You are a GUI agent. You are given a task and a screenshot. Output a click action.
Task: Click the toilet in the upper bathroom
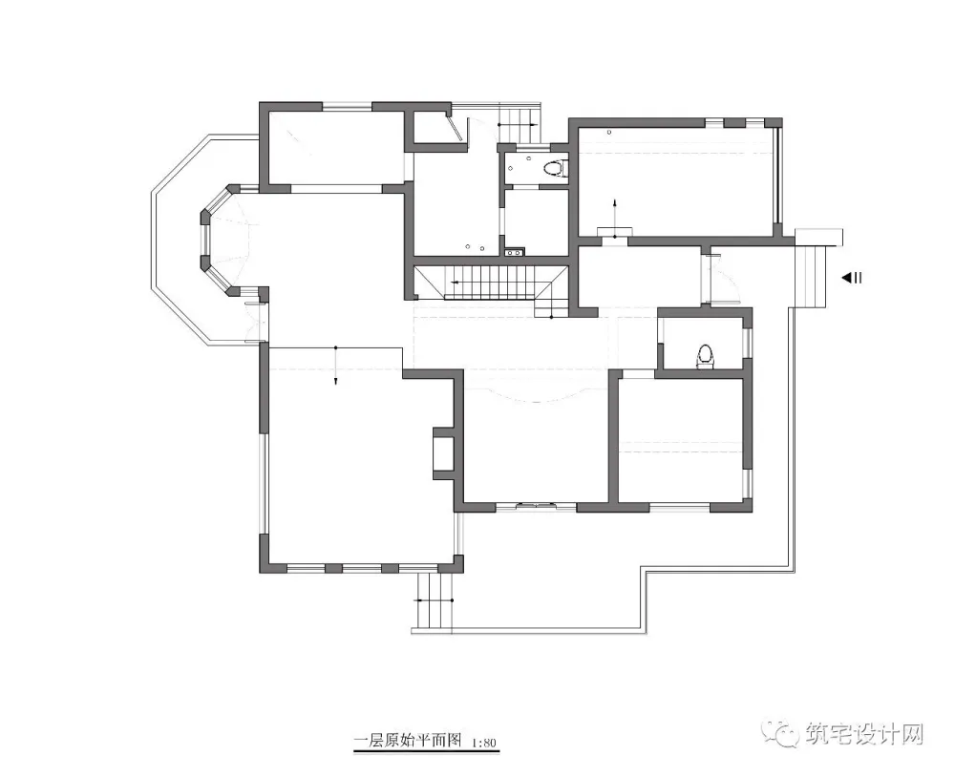554,168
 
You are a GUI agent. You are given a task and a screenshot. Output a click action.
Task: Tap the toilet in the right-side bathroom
706,357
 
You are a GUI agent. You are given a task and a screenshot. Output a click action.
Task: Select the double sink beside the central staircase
515,250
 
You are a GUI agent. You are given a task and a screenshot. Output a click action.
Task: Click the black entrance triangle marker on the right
847,278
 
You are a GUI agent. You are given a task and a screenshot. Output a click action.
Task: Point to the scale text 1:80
484,743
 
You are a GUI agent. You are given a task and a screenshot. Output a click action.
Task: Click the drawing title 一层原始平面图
409,741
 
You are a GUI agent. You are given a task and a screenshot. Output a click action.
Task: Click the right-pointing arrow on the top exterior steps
518,123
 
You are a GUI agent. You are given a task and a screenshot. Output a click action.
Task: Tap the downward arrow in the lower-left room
335,366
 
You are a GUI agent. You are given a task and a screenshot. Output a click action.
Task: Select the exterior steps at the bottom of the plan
435,601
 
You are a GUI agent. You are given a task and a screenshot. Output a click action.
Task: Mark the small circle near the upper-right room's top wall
609,132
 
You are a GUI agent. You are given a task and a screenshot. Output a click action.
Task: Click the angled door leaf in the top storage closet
455,128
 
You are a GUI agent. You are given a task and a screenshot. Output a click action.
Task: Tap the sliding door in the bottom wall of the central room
536,505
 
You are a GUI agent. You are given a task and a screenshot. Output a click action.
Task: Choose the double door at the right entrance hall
719,277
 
